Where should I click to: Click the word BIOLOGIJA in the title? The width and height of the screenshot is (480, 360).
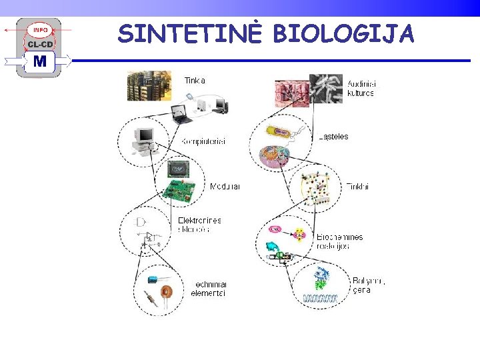tap(343, 33)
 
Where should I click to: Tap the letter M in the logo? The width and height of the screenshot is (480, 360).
tap(41, 62)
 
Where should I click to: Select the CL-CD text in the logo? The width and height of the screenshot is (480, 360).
tap(41, 45)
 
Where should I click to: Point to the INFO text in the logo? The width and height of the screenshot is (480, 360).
tap(41, 30)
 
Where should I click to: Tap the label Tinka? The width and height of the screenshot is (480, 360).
tap(195, 81)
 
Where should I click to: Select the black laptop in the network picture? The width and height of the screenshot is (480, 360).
tap(181, 114)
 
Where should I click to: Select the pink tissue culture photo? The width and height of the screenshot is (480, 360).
tap(292, 93)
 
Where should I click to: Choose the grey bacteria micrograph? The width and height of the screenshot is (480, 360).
tap(327, 89)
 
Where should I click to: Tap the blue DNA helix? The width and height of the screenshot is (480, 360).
tap(320, 298)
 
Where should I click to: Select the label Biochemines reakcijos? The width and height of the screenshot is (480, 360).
tap(340, 241)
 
